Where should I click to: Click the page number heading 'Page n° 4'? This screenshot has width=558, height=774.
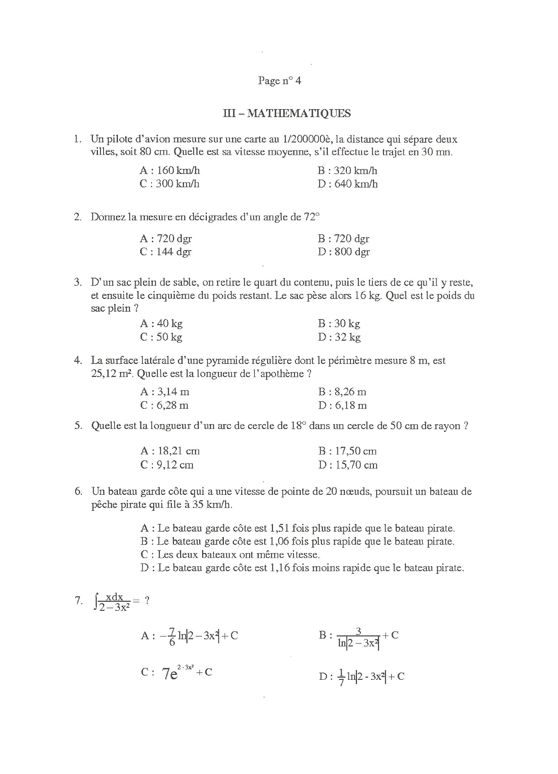[x=279, y=81]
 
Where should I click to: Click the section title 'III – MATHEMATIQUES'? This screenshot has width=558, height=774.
[x=286, y=113]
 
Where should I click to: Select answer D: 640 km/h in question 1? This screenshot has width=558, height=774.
[x=347, y=184]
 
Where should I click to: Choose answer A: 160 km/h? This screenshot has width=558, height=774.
[x=169, y=171]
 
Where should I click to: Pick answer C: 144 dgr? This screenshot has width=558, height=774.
[x=165, y=252]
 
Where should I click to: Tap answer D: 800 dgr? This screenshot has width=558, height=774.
[x=344, y=252]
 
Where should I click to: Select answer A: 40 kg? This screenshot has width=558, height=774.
[x=161, y=324]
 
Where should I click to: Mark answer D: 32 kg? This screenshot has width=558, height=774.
[x=339, y=337]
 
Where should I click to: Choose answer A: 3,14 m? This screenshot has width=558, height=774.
[x=164, y=392]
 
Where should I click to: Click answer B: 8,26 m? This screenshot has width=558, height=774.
[x=342, y=392]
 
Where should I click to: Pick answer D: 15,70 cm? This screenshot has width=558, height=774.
[x=348, y=465]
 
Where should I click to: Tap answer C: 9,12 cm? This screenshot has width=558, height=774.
[x=167, y=465]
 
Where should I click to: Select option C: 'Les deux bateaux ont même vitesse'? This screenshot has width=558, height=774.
[x=230, y=555]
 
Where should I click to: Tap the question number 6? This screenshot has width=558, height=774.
[x=78, y=492]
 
